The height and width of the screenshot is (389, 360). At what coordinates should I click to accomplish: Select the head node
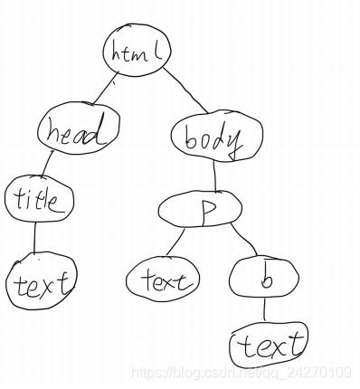[x=80, y=134]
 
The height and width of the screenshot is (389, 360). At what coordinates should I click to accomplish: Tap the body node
[x=214, y=139]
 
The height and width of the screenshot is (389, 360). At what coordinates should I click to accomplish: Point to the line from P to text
[x=175, y=242]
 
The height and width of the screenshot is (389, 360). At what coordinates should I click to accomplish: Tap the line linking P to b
[x=241, y=242]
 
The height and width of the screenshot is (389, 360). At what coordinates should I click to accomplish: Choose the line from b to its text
[x=264, y=311]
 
